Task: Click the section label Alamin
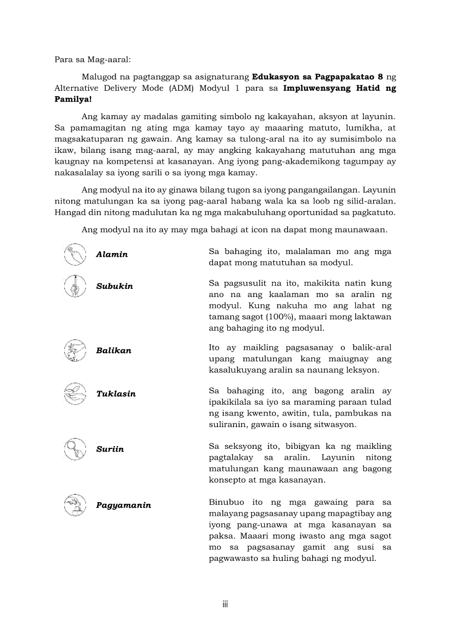point(112,255)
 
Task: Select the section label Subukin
point(114,286)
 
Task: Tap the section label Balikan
point(113,351)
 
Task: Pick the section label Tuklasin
point(115,394)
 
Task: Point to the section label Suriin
point(110,449)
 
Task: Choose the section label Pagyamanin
point(124,505)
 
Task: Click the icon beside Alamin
point(75,255)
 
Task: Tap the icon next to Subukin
point(75,286)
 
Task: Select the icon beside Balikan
point(75,350)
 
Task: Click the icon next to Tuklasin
point(75,393)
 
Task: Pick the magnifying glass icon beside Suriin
point(75,449)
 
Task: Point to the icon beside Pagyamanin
point(75,505)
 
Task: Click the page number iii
point(225,604)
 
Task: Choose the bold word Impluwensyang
point(316,88)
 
